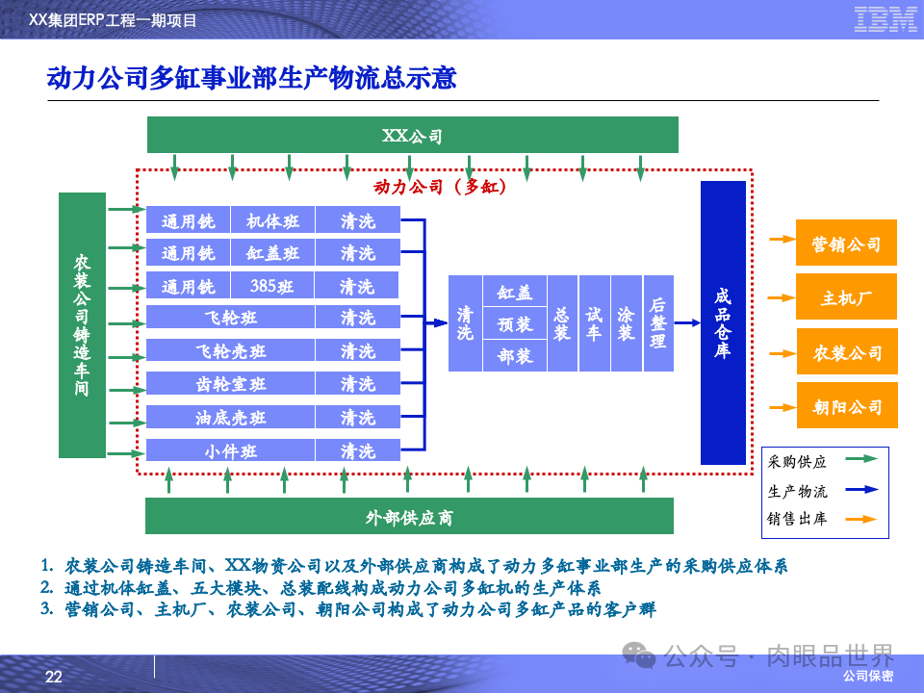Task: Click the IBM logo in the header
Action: pos(885,19)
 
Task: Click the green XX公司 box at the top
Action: pos(412,135)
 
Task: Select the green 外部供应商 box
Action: pos(409,517)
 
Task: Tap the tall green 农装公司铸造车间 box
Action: pos(82,325)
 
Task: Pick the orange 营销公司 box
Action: pos(847,244)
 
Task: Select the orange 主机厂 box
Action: pos(847,297)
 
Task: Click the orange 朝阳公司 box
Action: pos(847,406)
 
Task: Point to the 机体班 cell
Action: pos(272,221)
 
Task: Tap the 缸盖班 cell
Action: pos(272,253)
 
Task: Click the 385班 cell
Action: pos(272,286)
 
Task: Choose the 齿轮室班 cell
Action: pos(230,384)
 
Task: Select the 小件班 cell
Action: pos(230,450)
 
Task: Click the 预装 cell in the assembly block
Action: pos(514,324)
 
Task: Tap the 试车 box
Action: pos(594,323)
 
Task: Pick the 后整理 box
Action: pos(658,323)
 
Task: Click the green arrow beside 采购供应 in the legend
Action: pos(862,461)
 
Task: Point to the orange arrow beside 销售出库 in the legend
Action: pos(862,519)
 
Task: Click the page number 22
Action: pos(54,677)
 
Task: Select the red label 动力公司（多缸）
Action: pos(440,187)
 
